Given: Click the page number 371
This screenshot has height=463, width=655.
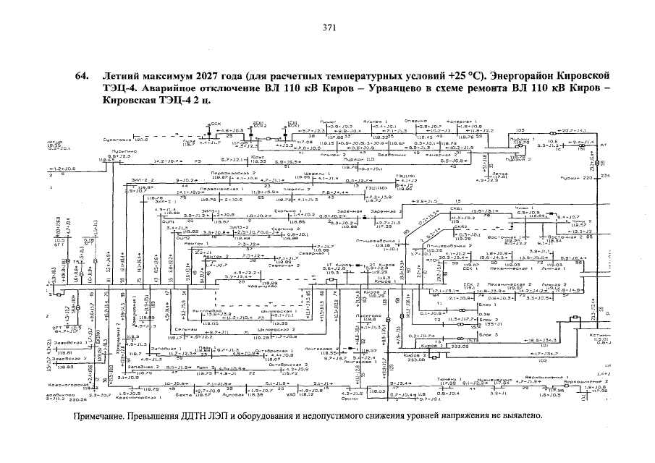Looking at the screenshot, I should pos(327,28).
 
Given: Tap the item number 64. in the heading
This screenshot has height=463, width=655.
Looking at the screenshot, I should pos(82,76).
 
